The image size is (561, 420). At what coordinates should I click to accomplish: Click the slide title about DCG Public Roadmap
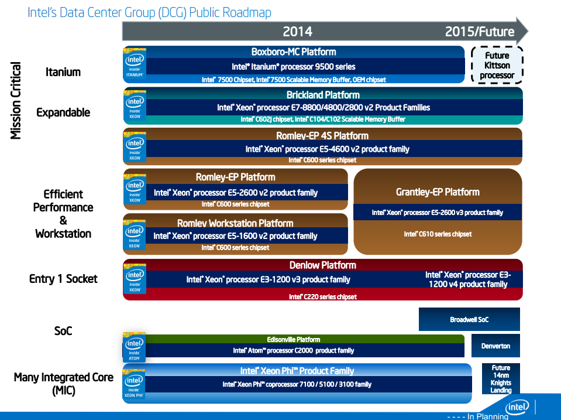coord(149,12)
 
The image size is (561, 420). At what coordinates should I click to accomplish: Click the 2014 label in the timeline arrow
coord(297,32)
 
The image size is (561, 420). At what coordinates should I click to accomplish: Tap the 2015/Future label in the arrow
coord(479,32)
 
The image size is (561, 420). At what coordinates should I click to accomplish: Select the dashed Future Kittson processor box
coord(497,66)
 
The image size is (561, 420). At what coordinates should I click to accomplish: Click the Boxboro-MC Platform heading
coord(294,52)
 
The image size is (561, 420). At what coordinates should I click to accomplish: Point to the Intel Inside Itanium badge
coord(135,64)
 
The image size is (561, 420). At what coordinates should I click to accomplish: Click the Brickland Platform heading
coord(323,94)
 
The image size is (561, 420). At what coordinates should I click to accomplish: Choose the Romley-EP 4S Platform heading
coord(322,135)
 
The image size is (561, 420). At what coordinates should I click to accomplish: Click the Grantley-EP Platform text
coord(438,192)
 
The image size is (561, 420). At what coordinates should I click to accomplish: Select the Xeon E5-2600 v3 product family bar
coord(437,213)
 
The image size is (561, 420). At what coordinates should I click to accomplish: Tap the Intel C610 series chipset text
coord(438,234)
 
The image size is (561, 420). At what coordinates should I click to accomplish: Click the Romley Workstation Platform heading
coord(235,223)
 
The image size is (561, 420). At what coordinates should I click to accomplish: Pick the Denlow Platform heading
coord(322,265)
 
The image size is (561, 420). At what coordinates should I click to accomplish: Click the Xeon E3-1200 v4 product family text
coord(467,279)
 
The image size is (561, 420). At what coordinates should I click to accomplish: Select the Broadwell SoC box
coord(469,320)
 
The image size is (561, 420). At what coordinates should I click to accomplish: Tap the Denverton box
coord(495,346)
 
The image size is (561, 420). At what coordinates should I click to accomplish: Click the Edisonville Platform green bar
coord(293,339)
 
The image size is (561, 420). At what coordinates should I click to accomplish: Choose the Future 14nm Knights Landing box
coord(501,379)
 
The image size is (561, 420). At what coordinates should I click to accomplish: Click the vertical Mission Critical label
coord(16,101)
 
